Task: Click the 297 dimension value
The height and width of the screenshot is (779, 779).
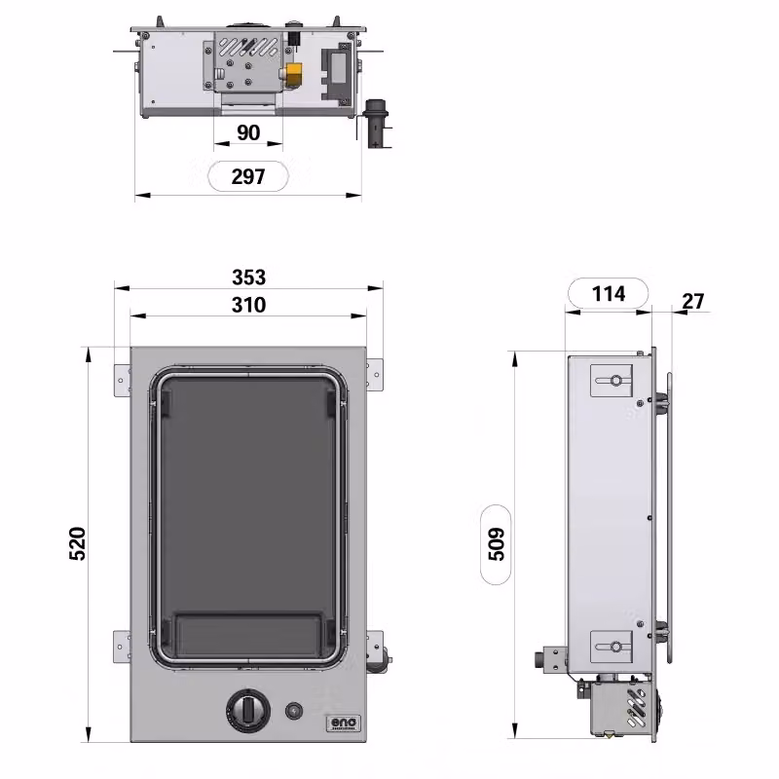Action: (248, 176)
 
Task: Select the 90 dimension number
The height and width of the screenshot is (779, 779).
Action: (248, 132)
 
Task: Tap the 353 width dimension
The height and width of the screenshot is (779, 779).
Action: (249, 278)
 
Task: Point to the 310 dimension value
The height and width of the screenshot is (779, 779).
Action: (249, 305)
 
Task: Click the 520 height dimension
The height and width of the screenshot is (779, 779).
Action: (78, 543)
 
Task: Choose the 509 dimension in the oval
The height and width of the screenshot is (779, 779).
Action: (496, 544)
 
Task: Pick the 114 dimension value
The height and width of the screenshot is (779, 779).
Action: (609, 294)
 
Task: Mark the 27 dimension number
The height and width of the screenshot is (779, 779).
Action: (693, 301)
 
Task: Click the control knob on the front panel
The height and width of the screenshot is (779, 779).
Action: (248, 710)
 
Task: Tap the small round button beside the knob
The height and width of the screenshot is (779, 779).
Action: (294, 711)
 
